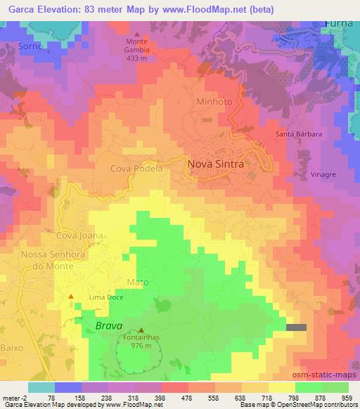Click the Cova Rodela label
click(x=136, y=169)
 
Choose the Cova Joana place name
click(x=81, y=235)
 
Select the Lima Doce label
click(x=106, y=298)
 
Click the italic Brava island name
click(x=109, y=327)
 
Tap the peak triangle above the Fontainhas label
click(x=142, y=330)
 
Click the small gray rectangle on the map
click(x=297, y=327)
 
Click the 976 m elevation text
click(x=141, y=345)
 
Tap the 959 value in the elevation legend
click(x=347, y=396)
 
